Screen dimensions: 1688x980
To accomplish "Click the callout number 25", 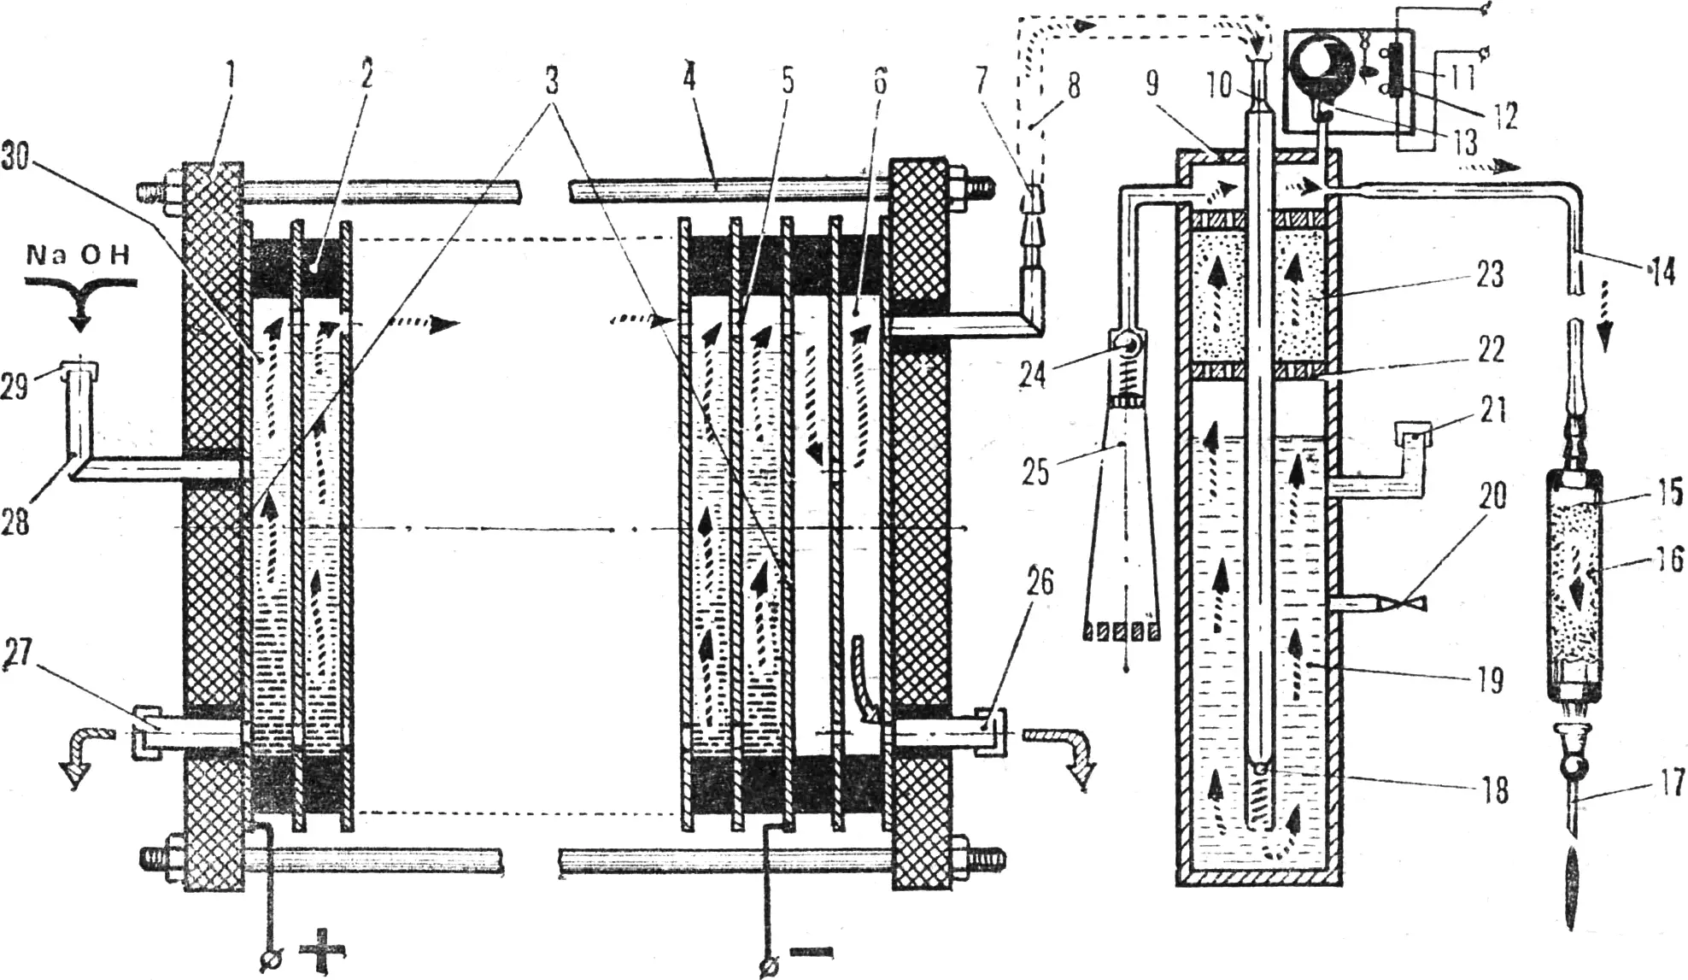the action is click(1036, 471).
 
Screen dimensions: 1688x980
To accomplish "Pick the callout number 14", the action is click(1660, 272).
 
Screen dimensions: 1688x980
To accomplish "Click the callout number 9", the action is click(1152, 84).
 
